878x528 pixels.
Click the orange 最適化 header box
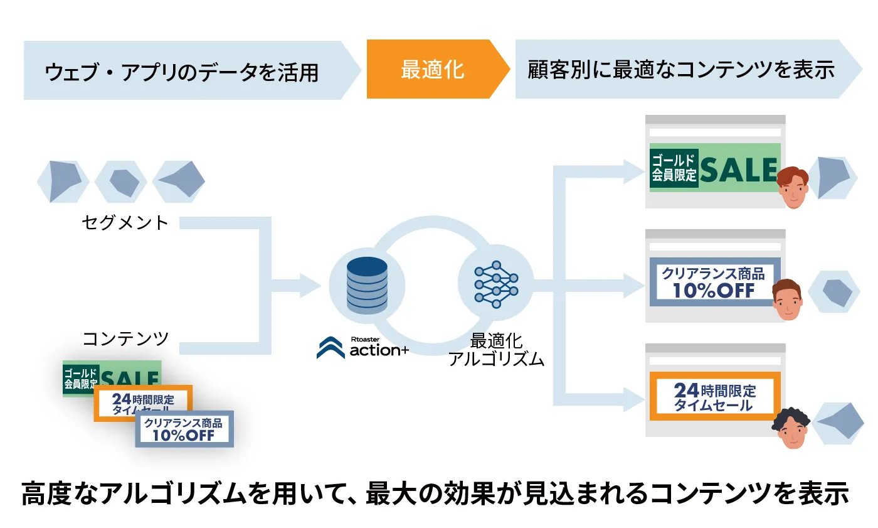pos(433,69)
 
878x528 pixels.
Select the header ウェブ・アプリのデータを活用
pos(182,71)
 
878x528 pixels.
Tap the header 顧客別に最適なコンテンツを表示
pos(680,69)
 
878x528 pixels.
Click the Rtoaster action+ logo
pos(362,347)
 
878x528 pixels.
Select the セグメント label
pos(125,222)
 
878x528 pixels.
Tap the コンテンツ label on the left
pos(126,338)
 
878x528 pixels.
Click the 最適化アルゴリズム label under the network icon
pos(496,350)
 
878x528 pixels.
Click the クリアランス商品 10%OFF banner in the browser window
pos(714,282)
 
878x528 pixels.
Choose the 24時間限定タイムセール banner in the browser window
pos(714,396)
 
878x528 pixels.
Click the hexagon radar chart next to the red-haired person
pos(832,176)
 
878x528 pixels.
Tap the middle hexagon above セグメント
pos(122,181)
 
